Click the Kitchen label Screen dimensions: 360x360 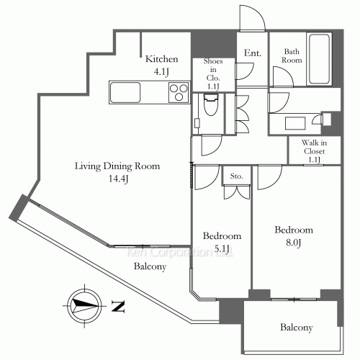coord(162,59)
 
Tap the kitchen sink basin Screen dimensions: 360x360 coord(125,92)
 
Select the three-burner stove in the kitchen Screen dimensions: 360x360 coord(179,92)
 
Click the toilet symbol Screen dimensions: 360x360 coord(211,104)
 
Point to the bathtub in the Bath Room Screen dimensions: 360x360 coord(319,59)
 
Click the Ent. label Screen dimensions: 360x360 coord(253,53)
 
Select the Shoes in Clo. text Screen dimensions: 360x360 coord(213,74)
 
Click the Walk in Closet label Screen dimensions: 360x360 coord(314,151)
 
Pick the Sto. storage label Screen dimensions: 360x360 coord(236,176)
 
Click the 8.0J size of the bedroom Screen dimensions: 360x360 coord(293,243)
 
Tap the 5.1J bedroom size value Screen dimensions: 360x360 coord(222,248)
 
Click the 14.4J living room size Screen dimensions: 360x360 coord(118,179)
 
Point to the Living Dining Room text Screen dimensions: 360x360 coord(117,166)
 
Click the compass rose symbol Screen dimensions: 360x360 coord(84,306)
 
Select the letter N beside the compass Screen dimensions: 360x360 coord(118,307)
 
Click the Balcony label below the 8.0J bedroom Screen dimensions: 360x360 coord(297,328)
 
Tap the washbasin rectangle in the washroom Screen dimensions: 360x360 coord(295,123)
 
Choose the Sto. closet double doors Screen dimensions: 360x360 coord(237,192)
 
